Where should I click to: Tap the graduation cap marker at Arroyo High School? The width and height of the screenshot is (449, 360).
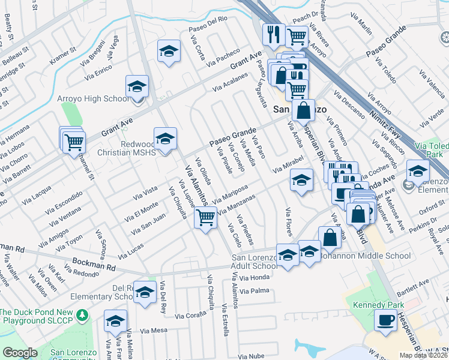pyautogui.click(x=137, y=87)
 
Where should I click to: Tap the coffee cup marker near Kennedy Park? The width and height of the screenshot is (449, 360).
pyautogui.click(x=385, y=320)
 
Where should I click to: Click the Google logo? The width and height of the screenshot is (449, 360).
pyautogui.click(x=20, y=353)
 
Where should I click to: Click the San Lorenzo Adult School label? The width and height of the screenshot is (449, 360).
pyautogui.click(x=255, y=262)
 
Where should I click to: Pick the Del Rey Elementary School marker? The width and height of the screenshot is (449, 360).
pyautogui.click(x=145, y=293)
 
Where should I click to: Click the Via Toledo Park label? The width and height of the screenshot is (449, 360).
pyautogui.click(x=432, y=149)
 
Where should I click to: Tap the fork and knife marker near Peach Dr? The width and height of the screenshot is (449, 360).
pyautogui.click(x=274, y=34)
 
